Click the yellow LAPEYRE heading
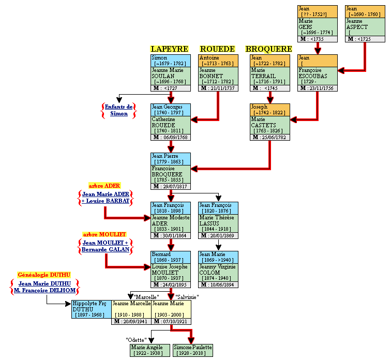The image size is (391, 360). pyautogui.click(x=169, y=49)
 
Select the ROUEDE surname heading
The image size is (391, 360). pyautogui.click(x=217, y=49)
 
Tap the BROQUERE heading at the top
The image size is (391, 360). pyautogui.click(x=269, y=49)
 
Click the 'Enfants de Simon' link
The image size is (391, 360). pyautogui.click(x=119, y=110)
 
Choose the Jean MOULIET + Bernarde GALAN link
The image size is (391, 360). pyautogui.click(x=105, y=246)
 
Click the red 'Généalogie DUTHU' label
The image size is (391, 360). pyautogui.click(x=44, y=275)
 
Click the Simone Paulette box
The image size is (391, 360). pyautogui.click(x=192, y=350)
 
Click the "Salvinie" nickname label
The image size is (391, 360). pyautogui.click(x=187, y=297)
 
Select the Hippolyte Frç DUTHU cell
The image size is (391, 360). pyautogui.click(x=91, y=309)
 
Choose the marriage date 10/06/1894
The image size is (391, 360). pyautogui.click(x=221, y=284)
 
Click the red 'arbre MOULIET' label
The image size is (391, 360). pyautogui.click(x=105, y=234)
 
